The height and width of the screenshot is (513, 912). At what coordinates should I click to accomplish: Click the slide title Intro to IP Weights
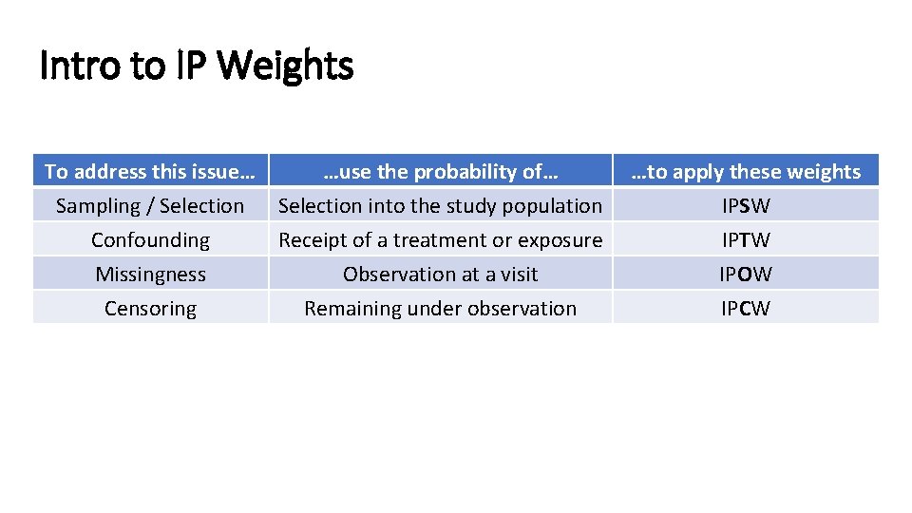[x=197, y=67]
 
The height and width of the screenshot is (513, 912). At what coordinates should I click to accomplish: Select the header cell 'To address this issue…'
[x=150, y=172]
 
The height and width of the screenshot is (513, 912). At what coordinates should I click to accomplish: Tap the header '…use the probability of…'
[x=440, y=172]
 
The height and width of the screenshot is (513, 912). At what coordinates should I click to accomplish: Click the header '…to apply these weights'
[x=746, y=172]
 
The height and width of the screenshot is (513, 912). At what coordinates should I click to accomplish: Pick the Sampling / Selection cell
[x=150, y=206]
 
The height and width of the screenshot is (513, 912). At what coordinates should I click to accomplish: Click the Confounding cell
[x=150, y=240]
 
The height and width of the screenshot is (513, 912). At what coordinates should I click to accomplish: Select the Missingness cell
[x=150, y=275]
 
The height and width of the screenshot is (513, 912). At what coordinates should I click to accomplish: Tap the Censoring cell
[x=150, y=309]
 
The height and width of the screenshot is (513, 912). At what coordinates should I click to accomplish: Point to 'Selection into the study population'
[x=440, y=206]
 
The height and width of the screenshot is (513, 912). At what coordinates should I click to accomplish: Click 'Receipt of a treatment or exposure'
[x=440, y=240]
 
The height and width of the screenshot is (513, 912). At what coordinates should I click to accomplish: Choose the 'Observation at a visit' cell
[x=440, y=275]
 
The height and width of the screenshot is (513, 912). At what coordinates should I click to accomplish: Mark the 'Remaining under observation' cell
[x=440, y=309]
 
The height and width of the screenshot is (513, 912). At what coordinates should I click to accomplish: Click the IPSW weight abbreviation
[x=746, y=206]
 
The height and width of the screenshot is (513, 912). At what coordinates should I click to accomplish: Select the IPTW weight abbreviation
[x=746, y=240]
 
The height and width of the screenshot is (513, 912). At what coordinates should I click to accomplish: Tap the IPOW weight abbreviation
[x=746, y=275]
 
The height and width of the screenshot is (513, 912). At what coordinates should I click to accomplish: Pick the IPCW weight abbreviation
[x=746, y=309]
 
